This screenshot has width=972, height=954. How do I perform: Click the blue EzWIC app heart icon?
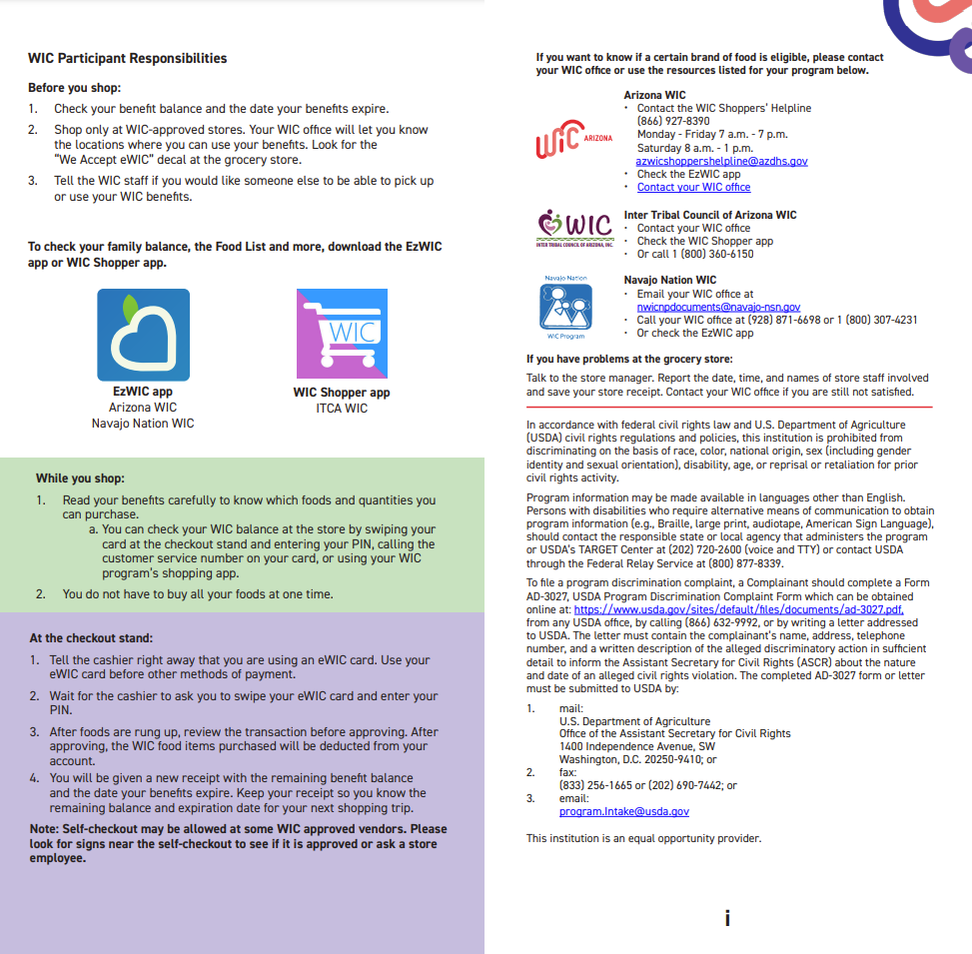(x=143, y=335)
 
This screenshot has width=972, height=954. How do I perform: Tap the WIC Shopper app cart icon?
(x=343, y=335)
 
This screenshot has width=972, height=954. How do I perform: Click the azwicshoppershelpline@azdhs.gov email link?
(x=721, y=161)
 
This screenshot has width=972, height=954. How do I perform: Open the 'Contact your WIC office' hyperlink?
(x=693, y=187)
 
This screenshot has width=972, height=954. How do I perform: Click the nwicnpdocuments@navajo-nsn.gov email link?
(x=718, y=307)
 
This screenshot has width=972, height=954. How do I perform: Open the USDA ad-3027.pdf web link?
(x=738, y=608)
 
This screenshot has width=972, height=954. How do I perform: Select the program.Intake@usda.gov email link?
(x=623, y=811)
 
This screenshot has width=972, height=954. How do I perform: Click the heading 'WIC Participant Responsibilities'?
(x=128, y=59)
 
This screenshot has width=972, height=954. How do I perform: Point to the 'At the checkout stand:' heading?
(x=91, y=638)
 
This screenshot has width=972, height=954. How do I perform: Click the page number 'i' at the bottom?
(x=727, y=918)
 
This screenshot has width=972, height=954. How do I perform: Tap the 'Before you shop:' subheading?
(x=74, y=88)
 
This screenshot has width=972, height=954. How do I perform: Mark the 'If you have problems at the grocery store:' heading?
(x=629, y=359)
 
